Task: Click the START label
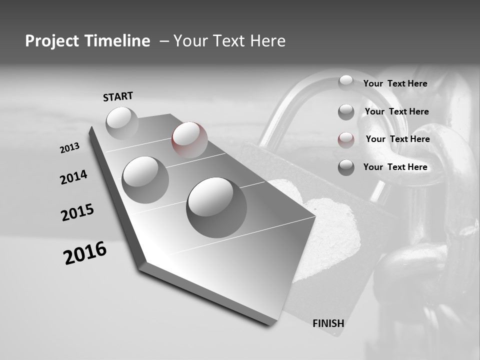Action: pos(118,96)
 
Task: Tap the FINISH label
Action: pos(328,323)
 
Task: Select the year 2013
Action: pos(70,148)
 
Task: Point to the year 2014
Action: pos(73,177)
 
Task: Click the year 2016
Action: pos(85,252)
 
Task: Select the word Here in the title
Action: pos(266,41)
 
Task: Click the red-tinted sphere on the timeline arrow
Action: pos(189,139)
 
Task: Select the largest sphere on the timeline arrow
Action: pos(216,207)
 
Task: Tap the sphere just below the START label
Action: pos(122,123)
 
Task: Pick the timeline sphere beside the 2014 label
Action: pos(145,179)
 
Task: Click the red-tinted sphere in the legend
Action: pos(346,139)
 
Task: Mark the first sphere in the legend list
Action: pos(346,82)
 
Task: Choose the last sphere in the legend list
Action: pos(346,167)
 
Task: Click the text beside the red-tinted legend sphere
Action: pos(397,139)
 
